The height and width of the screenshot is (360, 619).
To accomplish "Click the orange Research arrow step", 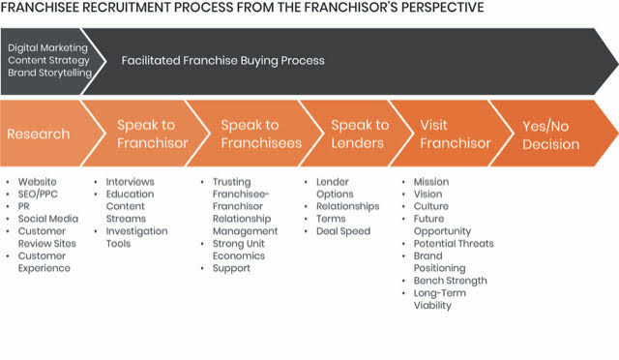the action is [47, 134].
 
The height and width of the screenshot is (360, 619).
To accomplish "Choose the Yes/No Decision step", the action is [551, 135].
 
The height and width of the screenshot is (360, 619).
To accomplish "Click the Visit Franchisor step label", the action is [456, 134].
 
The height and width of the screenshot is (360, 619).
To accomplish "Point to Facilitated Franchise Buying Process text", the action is [222, 60].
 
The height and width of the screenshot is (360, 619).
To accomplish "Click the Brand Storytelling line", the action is [49, 73].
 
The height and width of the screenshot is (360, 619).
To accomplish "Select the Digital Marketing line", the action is [47, 47].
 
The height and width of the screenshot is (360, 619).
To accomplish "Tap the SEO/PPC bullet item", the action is [38, 194].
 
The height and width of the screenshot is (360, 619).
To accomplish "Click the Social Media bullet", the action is [48, 219].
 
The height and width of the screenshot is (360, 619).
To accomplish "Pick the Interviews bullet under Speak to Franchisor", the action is [130, 182].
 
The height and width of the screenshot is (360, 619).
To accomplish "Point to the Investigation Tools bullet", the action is [136, 237].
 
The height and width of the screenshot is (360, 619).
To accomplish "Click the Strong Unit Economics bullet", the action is [239, 250].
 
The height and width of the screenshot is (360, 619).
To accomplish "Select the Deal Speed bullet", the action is [343, 231].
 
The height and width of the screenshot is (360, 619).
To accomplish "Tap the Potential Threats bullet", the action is [454, 244].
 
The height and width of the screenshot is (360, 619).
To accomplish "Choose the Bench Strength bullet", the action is [450, 281].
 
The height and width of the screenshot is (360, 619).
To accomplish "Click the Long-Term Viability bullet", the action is [440, 299].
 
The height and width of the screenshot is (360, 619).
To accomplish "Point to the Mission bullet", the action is [431, 182].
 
